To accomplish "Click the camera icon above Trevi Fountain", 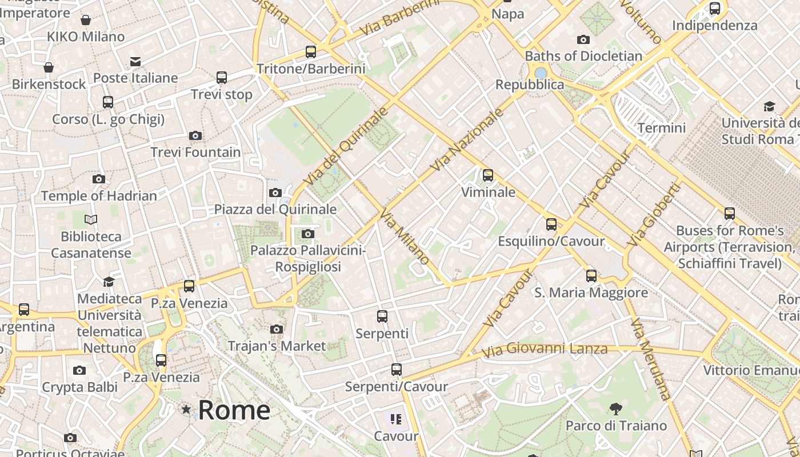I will coord(195,135).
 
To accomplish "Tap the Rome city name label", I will coord(234,410).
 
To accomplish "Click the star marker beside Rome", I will coord(186,409).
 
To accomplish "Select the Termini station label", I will coord(661,127).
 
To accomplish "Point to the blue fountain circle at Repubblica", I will coord(541,73).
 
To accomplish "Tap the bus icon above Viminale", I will coord(487,175).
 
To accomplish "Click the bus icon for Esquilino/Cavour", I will coord(551,225).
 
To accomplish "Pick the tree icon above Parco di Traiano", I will coord(615,408).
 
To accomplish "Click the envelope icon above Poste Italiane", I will coord(135,61).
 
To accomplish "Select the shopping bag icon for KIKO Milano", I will coord(86,21).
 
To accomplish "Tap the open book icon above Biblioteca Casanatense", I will coord(91,219).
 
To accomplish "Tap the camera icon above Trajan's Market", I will coord(277,329).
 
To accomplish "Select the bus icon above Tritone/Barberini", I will coord(310,52).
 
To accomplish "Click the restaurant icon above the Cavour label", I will coord(396,420).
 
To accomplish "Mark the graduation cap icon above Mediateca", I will coord(109,282).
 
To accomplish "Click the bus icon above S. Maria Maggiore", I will coord(591,276).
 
